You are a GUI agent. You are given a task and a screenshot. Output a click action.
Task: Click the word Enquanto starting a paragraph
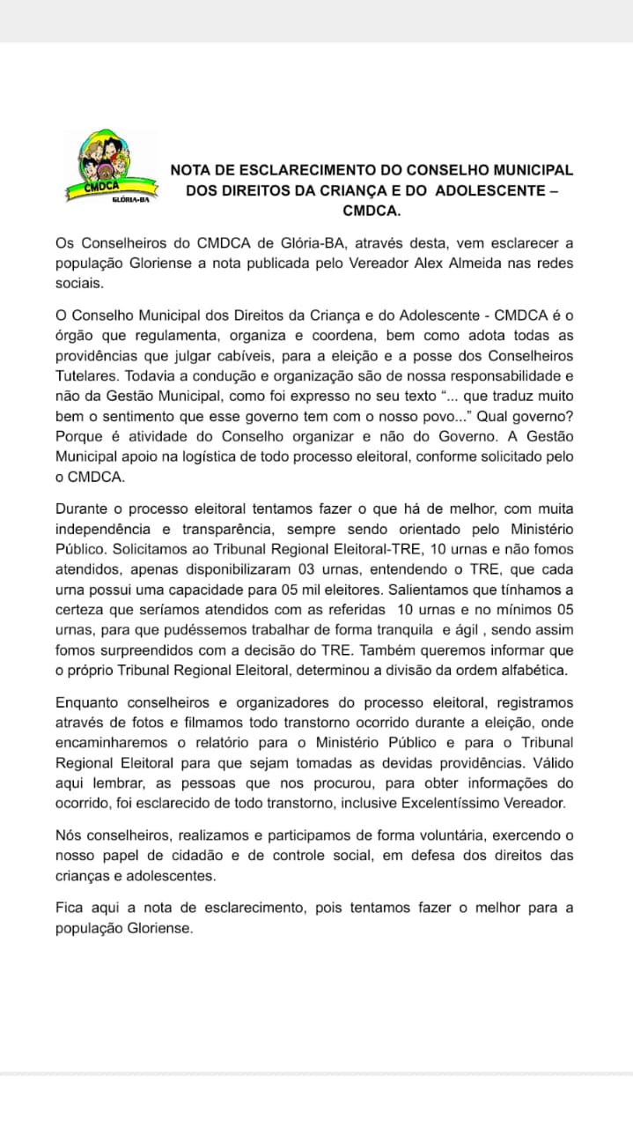coord(90,703)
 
